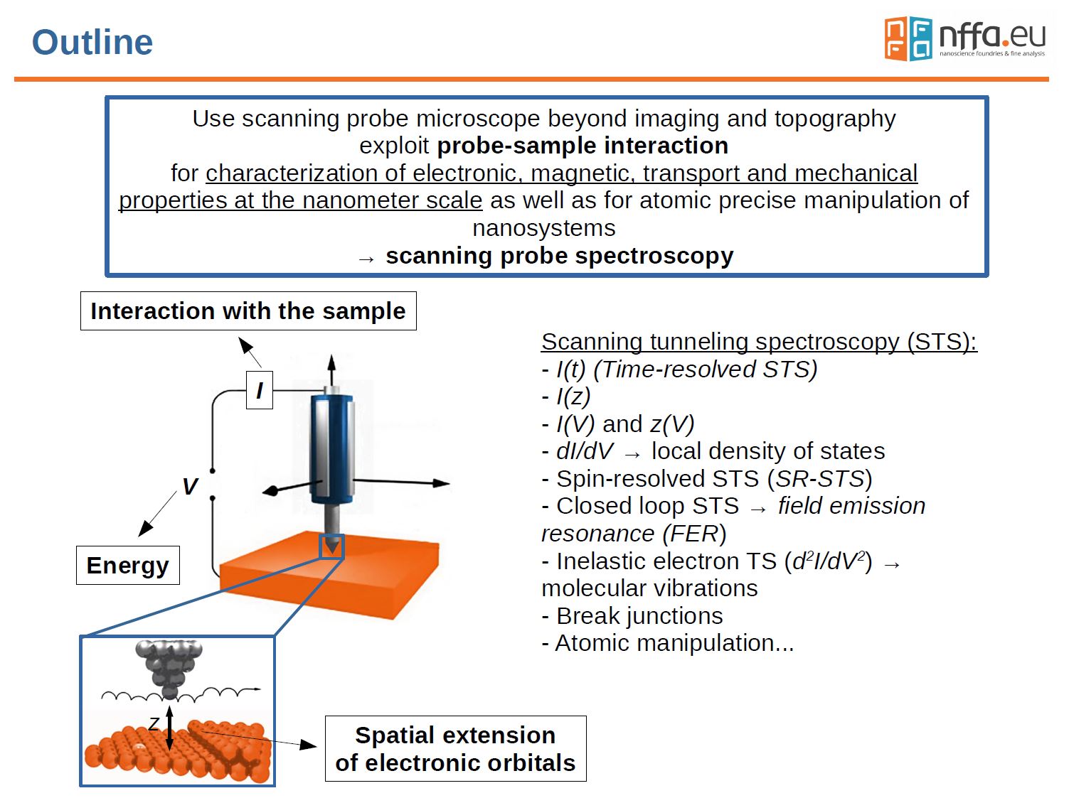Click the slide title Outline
pos(92,42)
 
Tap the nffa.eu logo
pos(964,38)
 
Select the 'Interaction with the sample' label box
pos(248,311)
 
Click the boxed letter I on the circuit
pos(260,390)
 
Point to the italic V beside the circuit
pos(189,487)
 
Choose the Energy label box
pos(127,566)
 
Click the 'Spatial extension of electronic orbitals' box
pos(455,748)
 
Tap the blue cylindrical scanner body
pos(332,448)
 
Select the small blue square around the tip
pos(332,546)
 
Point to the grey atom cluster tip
pos(169,665)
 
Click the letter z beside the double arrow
pos(154,724)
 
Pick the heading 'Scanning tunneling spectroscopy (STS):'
pos(759,342)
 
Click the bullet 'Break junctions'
pos(632,615)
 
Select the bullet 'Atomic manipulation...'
pos(667,643)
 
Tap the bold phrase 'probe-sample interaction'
pos(583,146)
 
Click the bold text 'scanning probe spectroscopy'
pos(559,256)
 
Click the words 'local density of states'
pos(768,451)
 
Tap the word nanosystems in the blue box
pos(544,228)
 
